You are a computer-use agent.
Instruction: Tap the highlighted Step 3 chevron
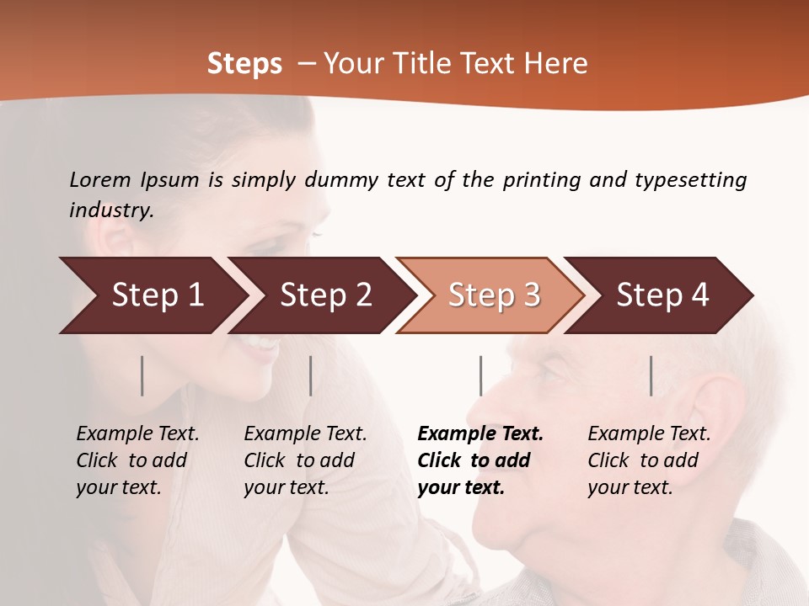tap(493, 295)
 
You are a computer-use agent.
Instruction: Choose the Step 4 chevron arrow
tap(662, 295)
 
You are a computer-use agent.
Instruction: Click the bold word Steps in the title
tap(244, 64)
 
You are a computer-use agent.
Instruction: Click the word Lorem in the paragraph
tap(99, 180)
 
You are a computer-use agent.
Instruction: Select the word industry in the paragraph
tap(110, 210)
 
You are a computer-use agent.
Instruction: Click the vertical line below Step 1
tap(142, 375)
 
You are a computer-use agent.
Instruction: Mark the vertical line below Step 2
tap(311, 375)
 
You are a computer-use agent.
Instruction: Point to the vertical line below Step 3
tap(480, 375)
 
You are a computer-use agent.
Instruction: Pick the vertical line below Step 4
tap(651, 375)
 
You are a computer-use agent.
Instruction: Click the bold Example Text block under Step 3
tap(480, 460)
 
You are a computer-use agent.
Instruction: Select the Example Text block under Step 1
tap(137, 460)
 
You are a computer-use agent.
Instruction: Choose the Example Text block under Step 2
tap(305, 460)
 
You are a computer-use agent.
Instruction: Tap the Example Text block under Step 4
tap(649, 460)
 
